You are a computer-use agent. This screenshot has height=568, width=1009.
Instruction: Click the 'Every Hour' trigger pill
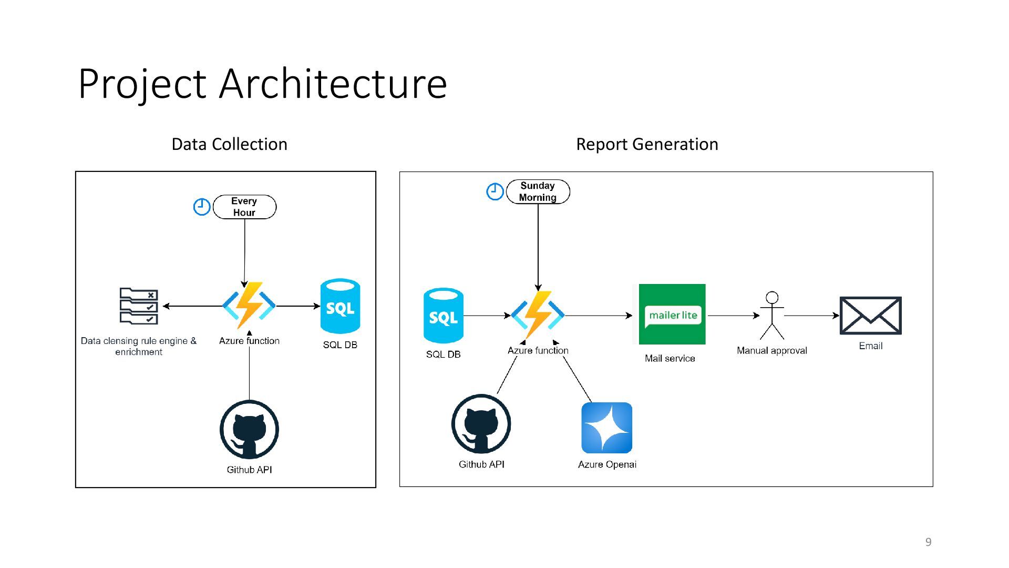click(244, 207)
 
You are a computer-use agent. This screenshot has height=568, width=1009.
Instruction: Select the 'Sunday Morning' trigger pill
click(538, 191)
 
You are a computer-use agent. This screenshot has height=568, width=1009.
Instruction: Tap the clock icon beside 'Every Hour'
click(202, 207)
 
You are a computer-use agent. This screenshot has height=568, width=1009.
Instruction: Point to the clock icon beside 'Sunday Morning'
click(495, 191)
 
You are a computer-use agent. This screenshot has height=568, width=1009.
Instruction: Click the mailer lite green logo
click(672, 315)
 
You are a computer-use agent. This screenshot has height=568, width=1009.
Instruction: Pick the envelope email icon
click(871, 316)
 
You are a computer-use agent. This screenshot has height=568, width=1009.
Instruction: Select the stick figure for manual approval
click(772, 316)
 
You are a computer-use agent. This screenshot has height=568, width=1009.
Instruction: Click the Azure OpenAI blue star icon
click(607, 428)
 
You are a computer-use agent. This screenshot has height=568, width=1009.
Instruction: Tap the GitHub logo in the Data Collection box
click(249, 430)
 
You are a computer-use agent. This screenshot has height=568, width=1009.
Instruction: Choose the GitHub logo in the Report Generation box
click(481, 424)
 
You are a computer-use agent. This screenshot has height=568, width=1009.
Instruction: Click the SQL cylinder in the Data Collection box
click(341, 306)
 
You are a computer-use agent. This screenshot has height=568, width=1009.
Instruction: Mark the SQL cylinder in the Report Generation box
click(444, 316)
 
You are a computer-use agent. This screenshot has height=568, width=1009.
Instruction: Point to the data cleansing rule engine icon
click(139, 306)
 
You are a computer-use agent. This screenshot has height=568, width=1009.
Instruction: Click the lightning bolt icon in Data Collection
click(249, 306)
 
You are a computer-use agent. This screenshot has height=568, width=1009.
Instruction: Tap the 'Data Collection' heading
click(230, 144)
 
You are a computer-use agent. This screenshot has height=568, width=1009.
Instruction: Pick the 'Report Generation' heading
click(647, 144)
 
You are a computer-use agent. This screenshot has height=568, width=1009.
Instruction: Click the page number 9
click(929, 542)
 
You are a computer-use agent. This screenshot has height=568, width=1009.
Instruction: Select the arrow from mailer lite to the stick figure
click(734, 316)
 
